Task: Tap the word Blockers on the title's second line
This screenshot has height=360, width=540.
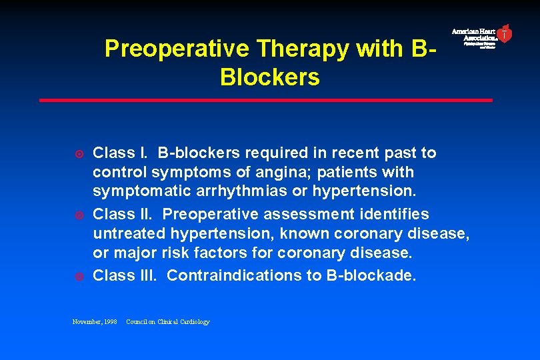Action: pos(269,77)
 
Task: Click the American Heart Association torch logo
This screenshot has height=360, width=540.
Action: pos(505,33)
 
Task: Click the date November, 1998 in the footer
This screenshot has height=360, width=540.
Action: pos(94,322)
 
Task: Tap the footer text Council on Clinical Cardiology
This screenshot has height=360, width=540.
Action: pos(167,322)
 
